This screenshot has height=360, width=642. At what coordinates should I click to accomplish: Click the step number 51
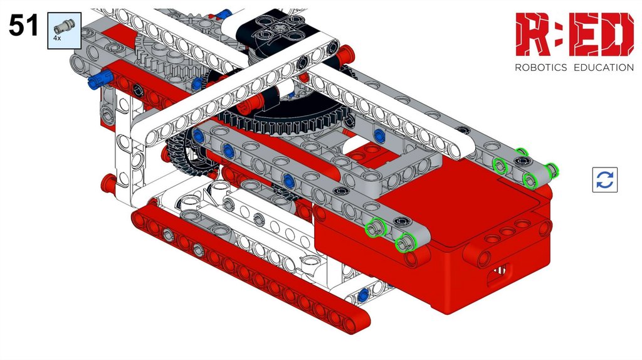[23, 25]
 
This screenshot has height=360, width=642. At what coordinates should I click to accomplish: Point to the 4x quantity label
[57, 38]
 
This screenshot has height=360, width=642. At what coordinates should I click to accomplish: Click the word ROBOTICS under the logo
[540, 68]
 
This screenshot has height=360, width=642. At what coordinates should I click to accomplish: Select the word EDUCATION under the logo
[604, 68]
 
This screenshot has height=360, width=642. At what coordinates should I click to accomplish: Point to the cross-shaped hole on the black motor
[280, 29]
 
